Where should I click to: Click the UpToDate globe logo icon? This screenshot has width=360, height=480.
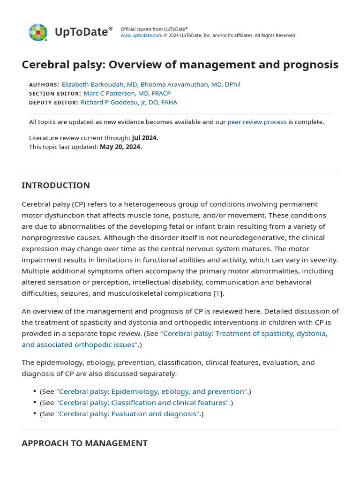click(38, 32)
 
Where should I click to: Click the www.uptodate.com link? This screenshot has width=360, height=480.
click(141, 36)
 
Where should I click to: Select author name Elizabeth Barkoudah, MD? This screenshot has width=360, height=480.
click(99, 84)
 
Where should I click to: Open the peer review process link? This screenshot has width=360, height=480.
click(257, 122)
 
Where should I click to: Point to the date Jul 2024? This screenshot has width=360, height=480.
click(145, 138)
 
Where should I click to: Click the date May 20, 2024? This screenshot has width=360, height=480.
click(120, 147)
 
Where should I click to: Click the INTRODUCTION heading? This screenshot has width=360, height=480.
click(56, 186)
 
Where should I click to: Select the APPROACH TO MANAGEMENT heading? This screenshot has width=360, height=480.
click(84, 443)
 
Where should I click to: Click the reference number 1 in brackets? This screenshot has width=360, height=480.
click(217, 293)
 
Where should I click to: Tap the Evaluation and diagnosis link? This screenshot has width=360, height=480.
click(128, 414)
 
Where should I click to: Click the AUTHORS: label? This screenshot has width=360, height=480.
click(44, 85)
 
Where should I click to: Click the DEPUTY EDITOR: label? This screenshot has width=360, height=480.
click(53, 103)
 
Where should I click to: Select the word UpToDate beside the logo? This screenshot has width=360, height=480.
click(81, 32)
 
